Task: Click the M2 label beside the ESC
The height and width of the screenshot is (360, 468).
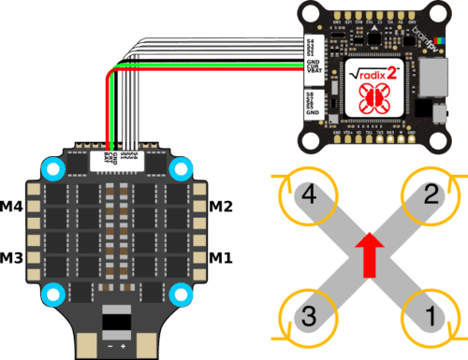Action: pos(220,206)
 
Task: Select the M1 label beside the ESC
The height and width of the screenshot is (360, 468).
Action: pos(220,256)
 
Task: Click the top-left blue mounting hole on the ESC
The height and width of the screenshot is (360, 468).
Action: pos(52,169)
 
